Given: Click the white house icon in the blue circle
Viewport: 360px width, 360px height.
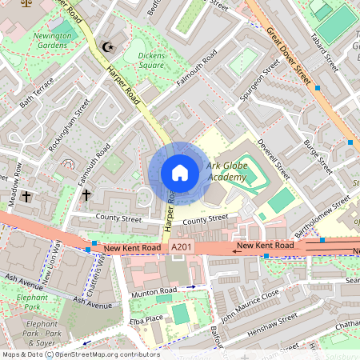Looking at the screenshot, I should [x=179, y=173].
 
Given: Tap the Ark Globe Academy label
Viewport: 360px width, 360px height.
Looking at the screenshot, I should [x=226, y=171].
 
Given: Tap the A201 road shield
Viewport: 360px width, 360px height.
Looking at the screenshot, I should [x=181, y=250].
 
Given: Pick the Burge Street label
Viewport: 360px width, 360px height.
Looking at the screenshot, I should [x=318, y=155].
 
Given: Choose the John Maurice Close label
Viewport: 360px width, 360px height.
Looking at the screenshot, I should [x=250, y=305].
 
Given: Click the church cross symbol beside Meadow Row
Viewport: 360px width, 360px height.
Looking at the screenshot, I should [x=26, y=195].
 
